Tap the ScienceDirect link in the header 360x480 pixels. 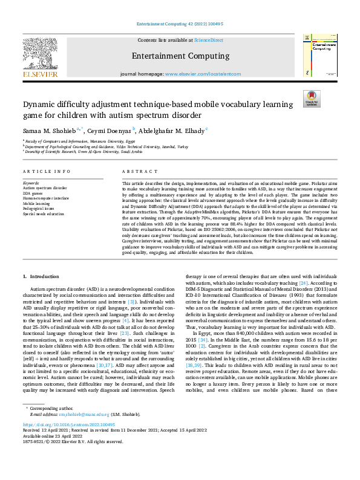pyautogui.click(x=208, y=41)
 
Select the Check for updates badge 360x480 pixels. pyautogui.click(x=312, y=99)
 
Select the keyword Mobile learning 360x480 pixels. pyautogui.click(x=38, y=204)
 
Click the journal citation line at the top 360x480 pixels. pyautogui.click(x=180, y=25)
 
